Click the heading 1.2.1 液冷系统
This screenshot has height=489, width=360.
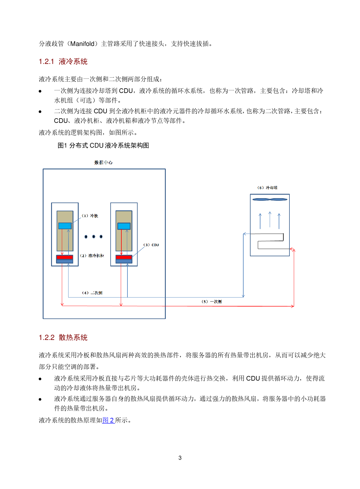(63, 62)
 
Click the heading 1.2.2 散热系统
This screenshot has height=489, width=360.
(63, 338)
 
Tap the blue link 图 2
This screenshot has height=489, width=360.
(108, 420)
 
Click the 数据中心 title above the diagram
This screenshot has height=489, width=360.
(103, 162)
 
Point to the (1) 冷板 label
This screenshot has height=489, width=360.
(90, 216)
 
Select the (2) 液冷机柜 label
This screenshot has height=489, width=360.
(92, 256)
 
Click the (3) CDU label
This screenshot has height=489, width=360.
(151, 245)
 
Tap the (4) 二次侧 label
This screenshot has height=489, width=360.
(92, 293)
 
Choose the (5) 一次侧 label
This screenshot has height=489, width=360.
(212, 302)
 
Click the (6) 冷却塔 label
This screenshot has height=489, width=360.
(267, 188)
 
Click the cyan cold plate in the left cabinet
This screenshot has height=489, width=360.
(65, 226)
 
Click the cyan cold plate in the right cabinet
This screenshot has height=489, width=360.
(124, 226)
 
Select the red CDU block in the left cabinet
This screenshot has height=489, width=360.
(65, 257)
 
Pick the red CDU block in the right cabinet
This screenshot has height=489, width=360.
(124, 257)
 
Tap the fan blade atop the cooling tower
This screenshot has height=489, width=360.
(270, 199)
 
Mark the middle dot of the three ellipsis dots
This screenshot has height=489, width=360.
(93, 237)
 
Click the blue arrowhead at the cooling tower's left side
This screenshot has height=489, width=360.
(245, 234)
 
